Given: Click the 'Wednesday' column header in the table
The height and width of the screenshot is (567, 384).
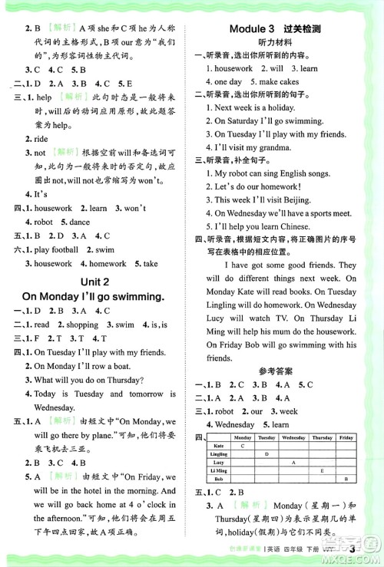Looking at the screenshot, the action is point(293,437).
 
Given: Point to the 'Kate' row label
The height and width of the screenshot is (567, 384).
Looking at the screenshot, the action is point(218,446).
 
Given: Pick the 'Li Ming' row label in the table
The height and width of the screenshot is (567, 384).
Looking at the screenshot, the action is point(220,471).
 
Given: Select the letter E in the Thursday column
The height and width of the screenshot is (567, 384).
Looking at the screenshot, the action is point(322,471).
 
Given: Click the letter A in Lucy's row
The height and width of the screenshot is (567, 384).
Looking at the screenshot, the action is point(293,463).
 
